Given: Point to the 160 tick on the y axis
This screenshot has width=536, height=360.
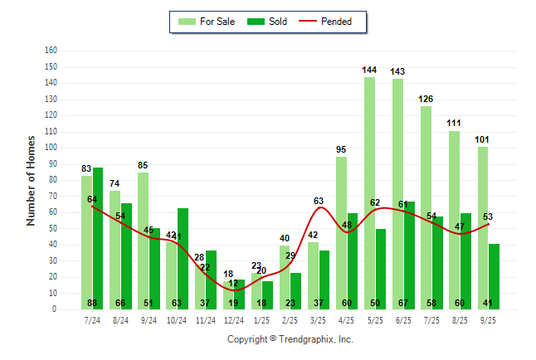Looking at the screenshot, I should [x=51, y=51].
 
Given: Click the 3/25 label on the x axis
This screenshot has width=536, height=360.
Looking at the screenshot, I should [x=319, y=319].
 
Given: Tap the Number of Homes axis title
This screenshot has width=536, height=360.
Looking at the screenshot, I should [x=31, y=180].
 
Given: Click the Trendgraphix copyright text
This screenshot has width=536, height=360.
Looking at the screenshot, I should [x=290, y=339].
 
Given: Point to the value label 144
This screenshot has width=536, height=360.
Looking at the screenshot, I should [x=369, y=70].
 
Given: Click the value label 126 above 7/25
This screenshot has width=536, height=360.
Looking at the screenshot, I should [x=426, y=99].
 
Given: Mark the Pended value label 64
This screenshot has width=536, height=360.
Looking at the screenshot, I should [x=92, y=199].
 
